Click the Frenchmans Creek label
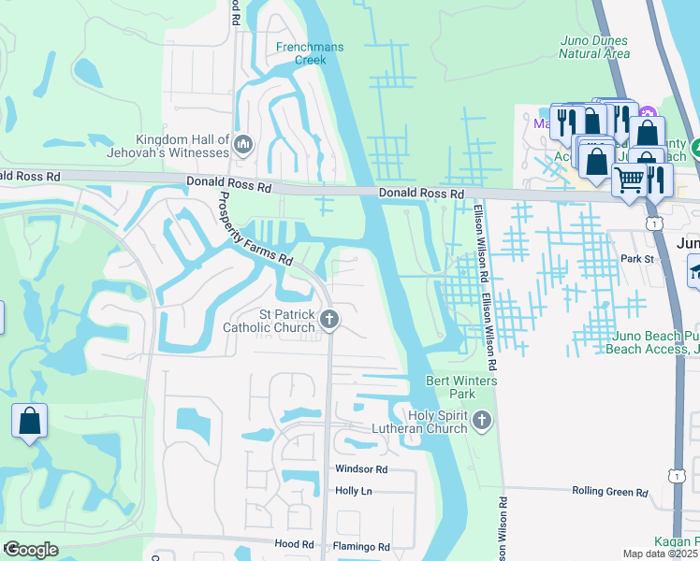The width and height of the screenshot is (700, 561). click(x=300, y=52)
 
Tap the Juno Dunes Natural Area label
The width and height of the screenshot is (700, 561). click(x=594, y=47)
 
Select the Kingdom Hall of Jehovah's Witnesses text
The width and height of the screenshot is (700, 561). click(x=182, y=146)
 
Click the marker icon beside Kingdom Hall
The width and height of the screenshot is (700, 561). click(x=244, y=145)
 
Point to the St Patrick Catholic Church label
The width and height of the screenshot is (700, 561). click(x=270, y=321)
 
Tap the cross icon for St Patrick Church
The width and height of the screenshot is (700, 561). click(x=329, y=321)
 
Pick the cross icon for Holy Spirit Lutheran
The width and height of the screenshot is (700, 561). click(x=482, y=421)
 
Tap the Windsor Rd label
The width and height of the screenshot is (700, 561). click(x=360, y=469)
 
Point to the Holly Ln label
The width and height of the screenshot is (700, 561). click(x=353, y=491)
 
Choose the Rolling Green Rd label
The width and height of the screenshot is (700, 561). click(x=609, y=492)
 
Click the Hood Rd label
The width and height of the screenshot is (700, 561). click(x=294, y=544)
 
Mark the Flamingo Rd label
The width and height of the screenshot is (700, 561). click(x=360, y=546)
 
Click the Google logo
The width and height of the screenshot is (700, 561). click(x=31, y=550)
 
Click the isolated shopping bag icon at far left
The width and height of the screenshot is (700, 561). click(x=29, y=422)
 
